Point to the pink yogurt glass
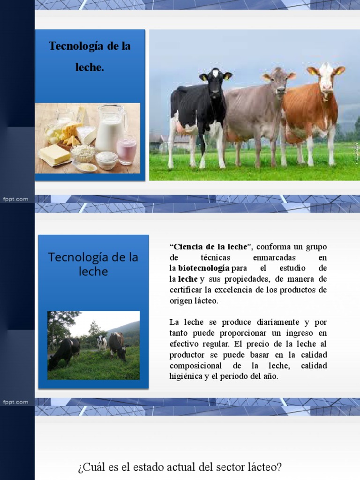pos(127,150)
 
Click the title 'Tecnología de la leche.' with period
pos(90,57)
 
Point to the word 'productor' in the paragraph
pos(187,354)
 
